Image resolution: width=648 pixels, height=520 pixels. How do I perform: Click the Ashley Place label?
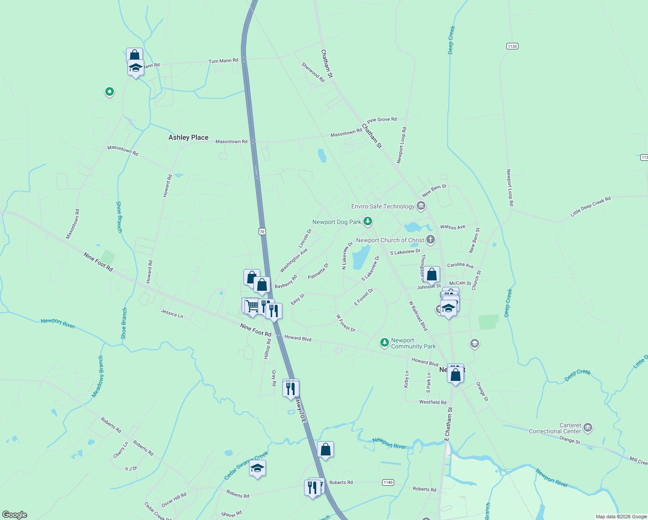click(188, 137)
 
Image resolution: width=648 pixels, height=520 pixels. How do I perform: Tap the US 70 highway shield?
click(262, 231)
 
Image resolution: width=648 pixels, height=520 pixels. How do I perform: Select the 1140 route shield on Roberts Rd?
click(388, 482)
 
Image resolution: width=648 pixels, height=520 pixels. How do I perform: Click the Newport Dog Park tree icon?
click(368, 222)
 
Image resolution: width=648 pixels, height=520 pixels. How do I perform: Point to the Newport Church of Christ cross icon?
click(430, 240)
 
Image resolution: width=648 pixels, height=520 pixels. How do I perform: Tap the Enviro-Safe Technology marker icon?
click(421, 206)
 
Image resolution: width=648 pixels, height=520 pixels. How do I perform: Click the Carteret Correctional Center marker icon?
click(587, 428)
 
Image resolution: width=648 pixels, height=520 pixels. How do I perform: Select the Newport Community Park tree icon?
click(384, 343)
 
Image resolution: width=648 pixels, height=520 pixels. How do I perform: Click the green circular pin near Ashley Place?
click(110, 91)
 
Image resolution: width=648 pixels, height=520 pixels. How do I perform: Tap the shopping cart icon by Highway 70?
click(252, 306)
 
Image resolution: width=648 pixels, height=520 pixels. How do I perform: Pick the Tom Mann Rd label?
click(223, 61)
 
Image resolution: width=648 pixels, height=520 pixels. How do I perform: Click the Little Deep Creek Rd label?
click(590, 206)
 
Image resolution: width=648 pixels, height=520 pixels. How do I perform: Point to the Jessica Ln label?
click(172, 313)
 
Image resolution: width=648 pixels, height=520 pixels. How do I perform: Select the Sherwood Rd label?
click(313, 72)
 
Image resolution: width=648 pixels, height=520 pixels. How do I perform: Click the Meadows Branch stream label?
click(98, 377)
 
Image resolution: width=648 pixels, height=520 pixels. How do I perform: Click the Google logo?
click(15, 515)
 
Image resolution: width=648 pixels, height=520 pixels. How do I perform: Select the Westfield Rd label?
click(433, 402)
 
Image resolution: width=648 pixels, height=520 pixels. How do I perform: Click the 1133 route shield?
click(512, 46)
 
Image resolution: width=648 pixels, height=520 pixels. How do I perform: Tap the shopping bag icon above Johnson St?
click(431, 275)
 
